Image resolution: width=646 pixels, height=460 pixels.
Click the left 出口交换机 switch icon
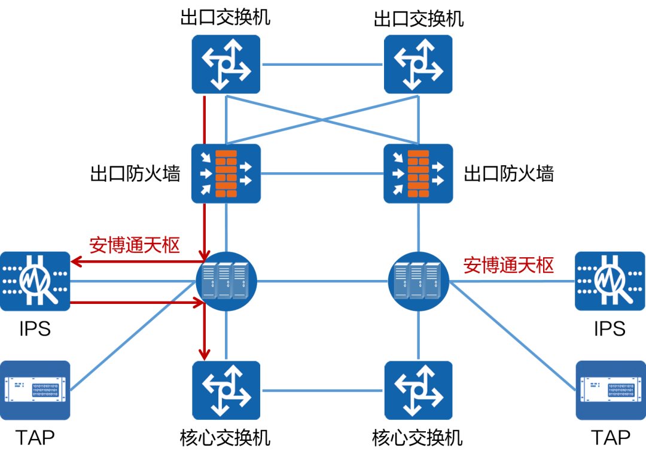click(226, 64)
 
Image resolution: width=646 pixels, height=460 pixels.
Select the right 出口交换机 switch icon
click(418, 64)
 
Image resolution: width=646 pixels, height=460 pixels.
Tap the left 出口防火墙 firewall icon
click(226, 173)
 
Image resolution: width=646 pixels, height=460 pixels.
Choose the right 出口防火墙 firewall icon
click(418, 173)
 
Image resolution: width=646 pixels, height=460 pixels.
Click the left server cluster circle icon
click(226, 282)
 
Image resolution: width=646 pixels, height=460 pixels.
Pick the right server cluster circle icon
click(419, 282)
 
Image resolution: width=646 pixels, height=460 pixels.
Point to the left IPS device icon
click(35, 281)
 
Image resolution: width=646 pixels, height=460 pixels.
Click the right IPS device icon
click(610, 281)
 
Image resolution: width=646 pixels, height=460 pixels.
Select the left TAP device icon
click(35, 391)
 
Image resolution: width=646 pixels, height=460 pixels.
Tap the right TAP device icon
click(611, 391)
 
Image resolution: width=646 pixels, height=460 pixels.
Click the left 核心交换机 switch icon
click(226, 391)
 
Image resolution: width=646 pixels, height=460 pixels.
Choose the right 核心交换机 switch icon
click(419, 391)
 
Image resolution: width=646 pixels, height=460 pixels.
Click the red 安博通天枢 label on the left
click(135, 245)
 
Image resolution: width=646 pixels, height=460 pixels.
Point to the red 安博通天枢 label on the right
click(509, 265)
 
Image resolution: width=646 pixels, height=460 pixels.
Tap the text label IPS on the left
click(35, 329)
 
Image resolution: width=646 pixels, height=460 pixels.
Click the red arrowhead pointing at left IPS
click(76, 261)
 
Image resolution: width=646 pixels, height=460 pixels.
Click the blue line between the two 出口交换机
click(322, 64)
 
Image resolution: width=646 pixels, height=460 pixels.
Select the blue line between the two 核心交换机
click(322, 391)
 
